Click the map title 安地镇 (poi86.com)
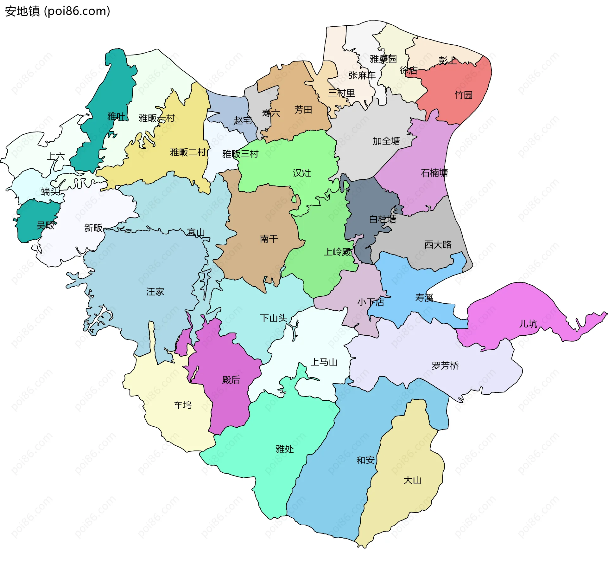pyautogui.click(x=57, y=11)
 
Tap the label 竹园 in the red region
pyautogui.click(x=464, y=95)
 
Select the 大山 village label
pyautogui.click(x=412, y=480)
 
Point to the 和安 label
pyautogui.click(x=365, y=460)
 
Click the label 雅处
pyautogui.click(x=285, y=449)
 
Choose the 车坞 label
pyautogui.click(x=183, y=405)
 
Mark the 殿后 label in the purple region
pyautogui.click(x=231, y=379)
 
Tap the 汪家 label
pyautogui.click(x=155, y=292)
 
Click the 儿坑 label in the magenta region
pyautogui.click(x=528, y=324)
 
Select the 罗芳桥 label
pyautogui.click(x=445, y=365)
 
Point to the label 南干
pyautogui.click(x=269, y=239)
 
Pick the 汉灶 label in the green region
pyautogui.click(x=302, y=173)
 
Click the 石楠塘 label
pyautogui.click(x=434, y=173)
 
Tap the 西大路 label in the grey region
pyautogui.click(x=438, y=244)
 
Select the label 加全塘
pyautogui.click(x=386, y=141)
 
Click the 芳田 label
pyautogui.click(x=303, y=110)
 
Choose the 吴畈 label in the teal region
pyautogui.click(x=45, y=225)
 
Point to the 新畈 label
pyautogui.click(x=93, y=228)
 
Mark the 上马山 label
pyautogui.click(x=324, y=362)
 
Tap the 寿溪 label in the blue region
pyautogui.click(x=424, y=298)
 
